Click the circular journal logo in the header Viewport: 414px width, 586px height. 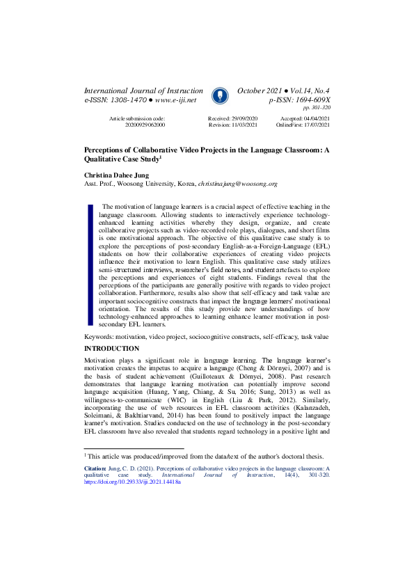(x=219, y=95)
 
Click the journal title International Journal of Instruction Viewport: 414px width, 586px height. (x=143, y=91)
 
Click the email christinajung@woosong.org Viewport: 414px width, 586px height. (x=237, y=184)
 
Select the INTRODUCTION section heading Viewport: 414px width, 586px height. (x=111, y=348)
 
